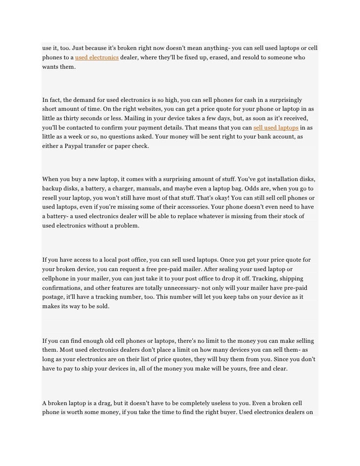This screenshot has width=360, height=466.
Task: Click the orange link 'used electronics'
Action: (96, 58)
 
